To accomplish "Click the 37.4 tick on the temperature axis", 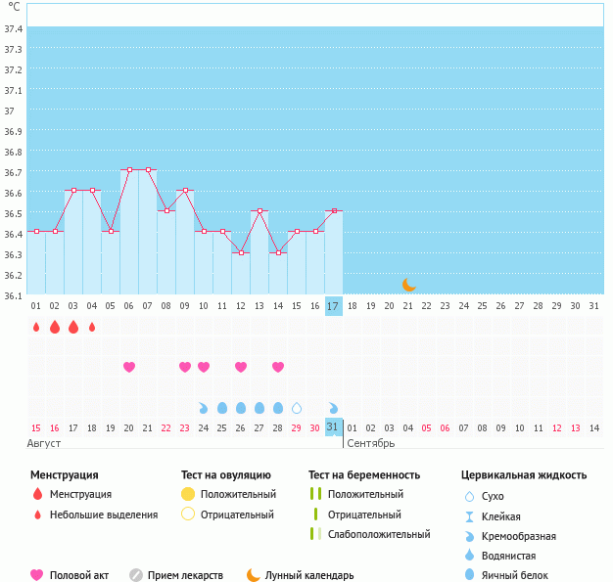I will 14,28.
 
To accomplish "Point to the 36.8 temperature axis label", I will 14,152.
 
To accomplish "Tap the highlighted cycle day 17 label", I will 333,306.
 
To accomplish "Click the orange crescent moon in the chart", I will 409,285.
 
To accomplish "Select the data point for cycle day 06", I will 129,170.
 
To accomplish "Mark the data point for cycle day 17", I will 334,211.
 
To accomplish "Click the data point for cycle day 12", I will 241,252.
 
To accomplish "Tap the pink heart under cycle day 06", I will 129,367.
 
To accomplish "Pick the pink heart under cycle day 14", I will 278,367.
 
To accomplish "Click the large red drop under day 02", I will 55,327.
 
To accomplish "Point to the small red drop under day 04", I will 92,327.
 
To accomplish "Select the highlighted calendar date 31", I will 333,427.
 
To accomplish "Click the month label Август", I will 45,443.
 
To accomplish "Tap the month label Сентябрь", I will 371,443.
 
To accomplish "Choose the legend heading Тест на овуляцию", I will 225,475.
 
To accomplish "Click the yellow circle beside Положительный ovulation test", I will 188,494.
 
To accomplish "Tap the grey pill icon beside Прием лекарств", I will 136,576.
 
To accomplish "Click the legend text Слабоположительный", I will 379,534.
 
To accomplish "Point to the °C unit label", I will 14,7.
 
